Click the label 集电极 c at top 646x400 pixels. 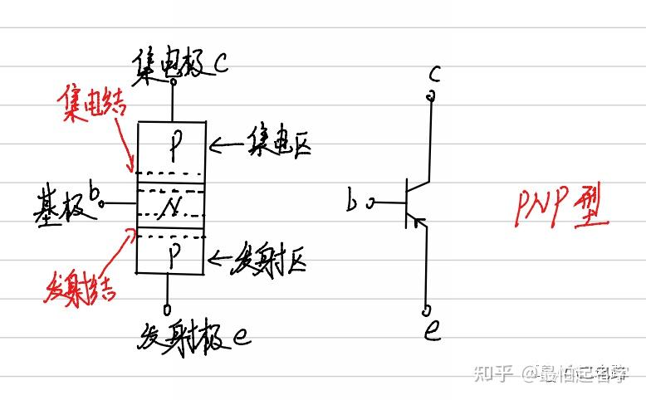pos(179,63)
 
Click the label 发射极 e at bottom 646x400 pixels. pos(196,336)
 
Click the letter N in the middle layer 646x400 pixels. pos(171,205)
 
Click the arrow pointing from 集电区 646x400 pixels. pos(222,148)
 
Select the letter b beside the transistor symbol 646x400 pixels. pos(354,201)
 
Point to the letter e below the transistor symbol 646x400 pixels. pos(433,332)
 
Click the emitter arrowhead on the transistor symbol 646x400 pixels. pos(420,222)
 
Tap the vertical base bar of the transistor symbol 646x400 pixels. pos(407,202)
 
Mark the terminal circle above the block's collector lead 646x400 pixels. pos(173,80)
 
